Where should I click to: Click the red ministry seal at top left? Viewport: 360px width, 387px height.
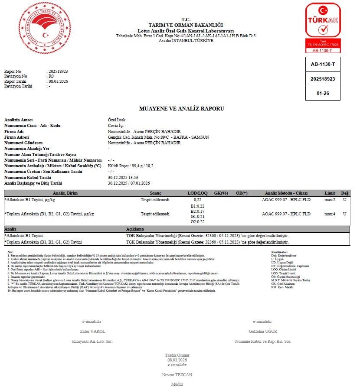point(44,27)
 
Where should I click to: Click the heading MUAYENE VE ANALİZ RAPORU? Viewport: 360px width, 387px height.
point(181,109)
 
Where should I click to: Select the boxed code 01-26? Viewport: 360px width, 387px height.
point(323,93)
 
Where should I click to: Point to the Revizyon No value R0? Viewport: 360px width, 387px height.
point(51,76)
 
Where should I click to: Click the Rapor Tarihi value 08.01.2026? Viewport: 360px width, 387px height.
point(58,81)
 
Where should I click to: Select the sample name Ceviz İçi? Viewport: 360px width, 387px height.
point(117,126)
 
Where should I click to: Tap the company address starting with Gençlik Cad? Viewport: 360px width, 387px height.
point(158,137)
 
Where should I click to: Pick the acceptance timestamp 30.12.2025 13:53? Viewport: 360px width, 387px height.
point(123,177)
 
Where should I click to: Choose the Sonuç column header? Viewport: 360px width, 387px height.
point(155,193)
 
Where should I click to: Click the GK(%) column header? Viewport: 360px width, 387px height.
point(221,193)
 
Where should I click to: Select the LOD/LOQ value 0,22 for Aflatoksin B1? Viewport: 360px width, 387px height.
point(197,199)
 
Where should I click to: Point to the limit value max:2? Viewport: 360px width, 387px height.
point(330,199)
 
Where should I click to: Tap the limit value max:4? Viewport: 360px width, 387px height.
point(330,214)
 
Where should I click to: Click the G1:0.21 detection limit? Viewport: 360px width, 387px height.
point(197,217)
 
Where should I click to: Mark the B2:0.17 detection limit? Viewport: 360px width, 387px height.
point(197,211)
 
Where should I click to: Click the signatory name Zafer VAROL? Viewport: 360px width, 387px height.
point(92,332)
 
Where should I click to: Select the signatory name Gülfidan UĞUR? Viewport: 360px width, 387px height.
point(262,332)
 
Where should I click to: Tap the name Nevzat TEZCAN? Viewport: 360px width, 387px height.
point(177,374)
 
